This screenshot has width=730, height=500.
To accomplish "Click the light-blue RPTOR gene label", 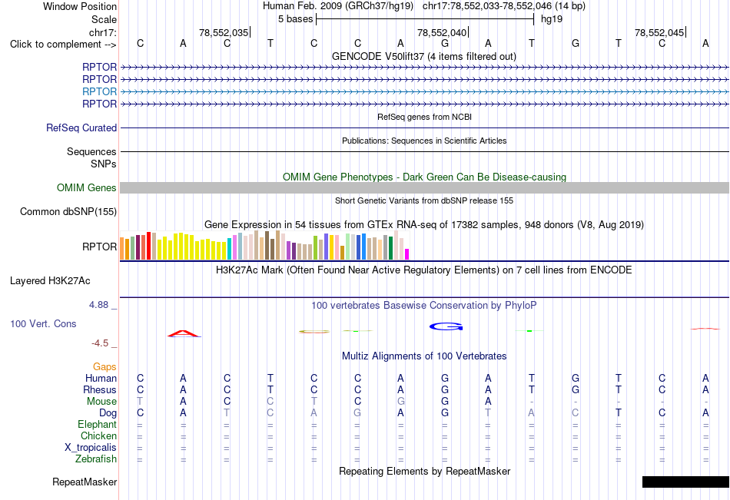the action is pyautogui.click(x=99, y=91).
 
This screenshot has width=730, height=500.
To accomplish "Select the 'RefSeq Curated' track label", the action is pyautogui.click(x=81, y=128).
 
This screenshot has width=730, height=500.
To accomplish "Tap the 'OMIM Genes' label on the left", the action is pyautogui.click(x=87, y=187).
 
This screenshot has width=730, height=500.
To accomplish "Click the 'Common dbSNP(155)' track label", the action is pyautogui.click(x=68, y=212).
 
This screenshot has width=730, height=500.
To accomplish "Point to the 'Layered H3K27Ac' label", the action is pyautogui.click(x=50, y=281).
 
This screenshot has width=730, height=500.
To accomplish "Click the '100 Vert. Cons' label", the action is pyautogui.click(x=43, y=323).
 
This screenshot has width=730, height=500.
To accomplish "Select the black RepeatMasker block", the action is pyautogui.click(x=685, y=482).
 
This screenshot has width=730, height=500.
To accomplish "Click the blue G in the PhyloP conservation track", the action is pyautogui.click(x=446, y=326).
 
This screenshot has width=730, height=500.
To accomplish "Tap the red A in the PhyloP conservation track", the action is pyautogui.click(x=184, y=333).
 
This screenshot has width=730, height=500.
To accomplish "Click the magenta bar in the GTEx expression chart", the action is pyautogui.click(x=407, y=254).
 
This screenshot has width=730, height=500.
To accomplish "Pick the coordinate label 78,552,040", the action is pyautogui.click(x=442, y=32).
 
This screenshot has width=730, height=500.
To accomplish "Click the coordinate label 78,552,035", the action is pyautogui.click(x=224, y=32).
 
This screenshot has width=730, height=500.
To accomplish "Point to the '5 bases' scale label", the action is pyautogui.click(x=296, y=19).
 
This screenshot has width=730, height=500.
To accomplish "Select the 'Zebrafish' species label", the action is pyautogui.click(x=96, y=459).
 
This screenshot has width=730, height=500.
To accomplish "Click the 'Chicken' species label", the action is pyautogui.click(x=98, y=435).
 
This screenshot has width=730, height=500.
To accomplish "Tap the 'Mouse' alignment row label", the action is pyautogui.click(x=101, y=401).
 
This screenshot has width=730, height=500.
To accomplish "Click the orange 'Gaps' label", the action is pyautogui.click(x=105, y=367).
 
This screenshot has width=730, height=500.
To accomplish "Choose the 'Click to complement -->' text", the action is pyautogui.click(x=63, y=45).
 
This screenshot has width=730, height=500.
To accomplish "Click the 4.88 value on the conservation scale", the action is pyautogui.click(x=98, y=305).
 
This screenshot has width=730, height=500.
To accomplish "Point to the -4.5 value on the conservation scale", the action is pyautogui.click(x=100, y=343).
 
